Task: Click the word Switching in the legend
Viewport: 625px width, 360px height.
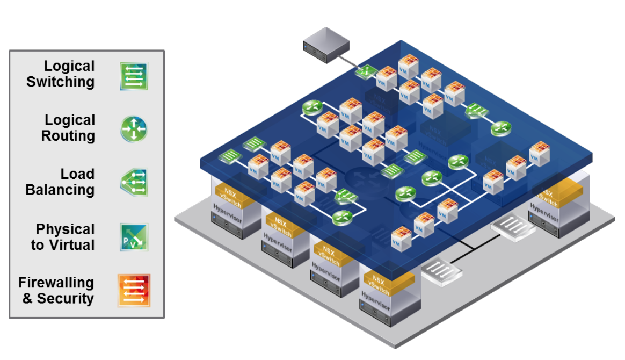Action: click(x=60, y=82)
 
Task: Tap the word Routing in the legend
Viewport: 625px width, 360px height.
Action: click(x=68, y=136)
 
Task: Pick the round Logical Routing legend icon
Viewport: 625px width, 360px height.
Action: click(x=133, y=129)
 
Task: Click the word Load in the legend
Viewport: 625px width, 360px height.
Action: click(x=77, y=174)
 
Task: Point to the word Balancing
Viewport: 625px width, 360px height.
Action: click(x=60, y=190)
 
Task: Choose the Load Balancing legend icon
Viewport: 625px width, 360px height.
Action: click(x=134, y=183)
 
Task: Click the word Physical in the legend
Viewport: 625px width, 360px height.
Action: click(x=65, y=229)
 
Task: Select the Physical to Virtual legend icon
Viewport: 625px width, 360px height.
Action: click(x=134, y=237)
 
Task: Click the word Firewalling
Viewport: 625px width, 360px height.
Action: click(x=56, y=283)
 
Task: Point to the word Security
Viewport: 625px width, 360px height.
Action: click(x=65, y=299)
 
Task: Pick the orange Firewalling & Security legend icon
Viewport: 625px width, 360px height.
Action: click(x=134, y=291)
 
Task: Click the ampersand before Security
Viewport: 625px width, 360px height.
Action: click(x=27, y=299)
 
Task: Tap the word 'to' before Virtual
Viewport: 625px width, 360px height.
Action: click(x=37, y=246)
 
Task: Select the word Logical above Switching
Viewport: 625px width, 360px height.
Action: click(x=69, y=66)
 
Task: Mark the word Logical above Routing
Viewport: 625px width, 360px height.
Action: click(x=70, y=120)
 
